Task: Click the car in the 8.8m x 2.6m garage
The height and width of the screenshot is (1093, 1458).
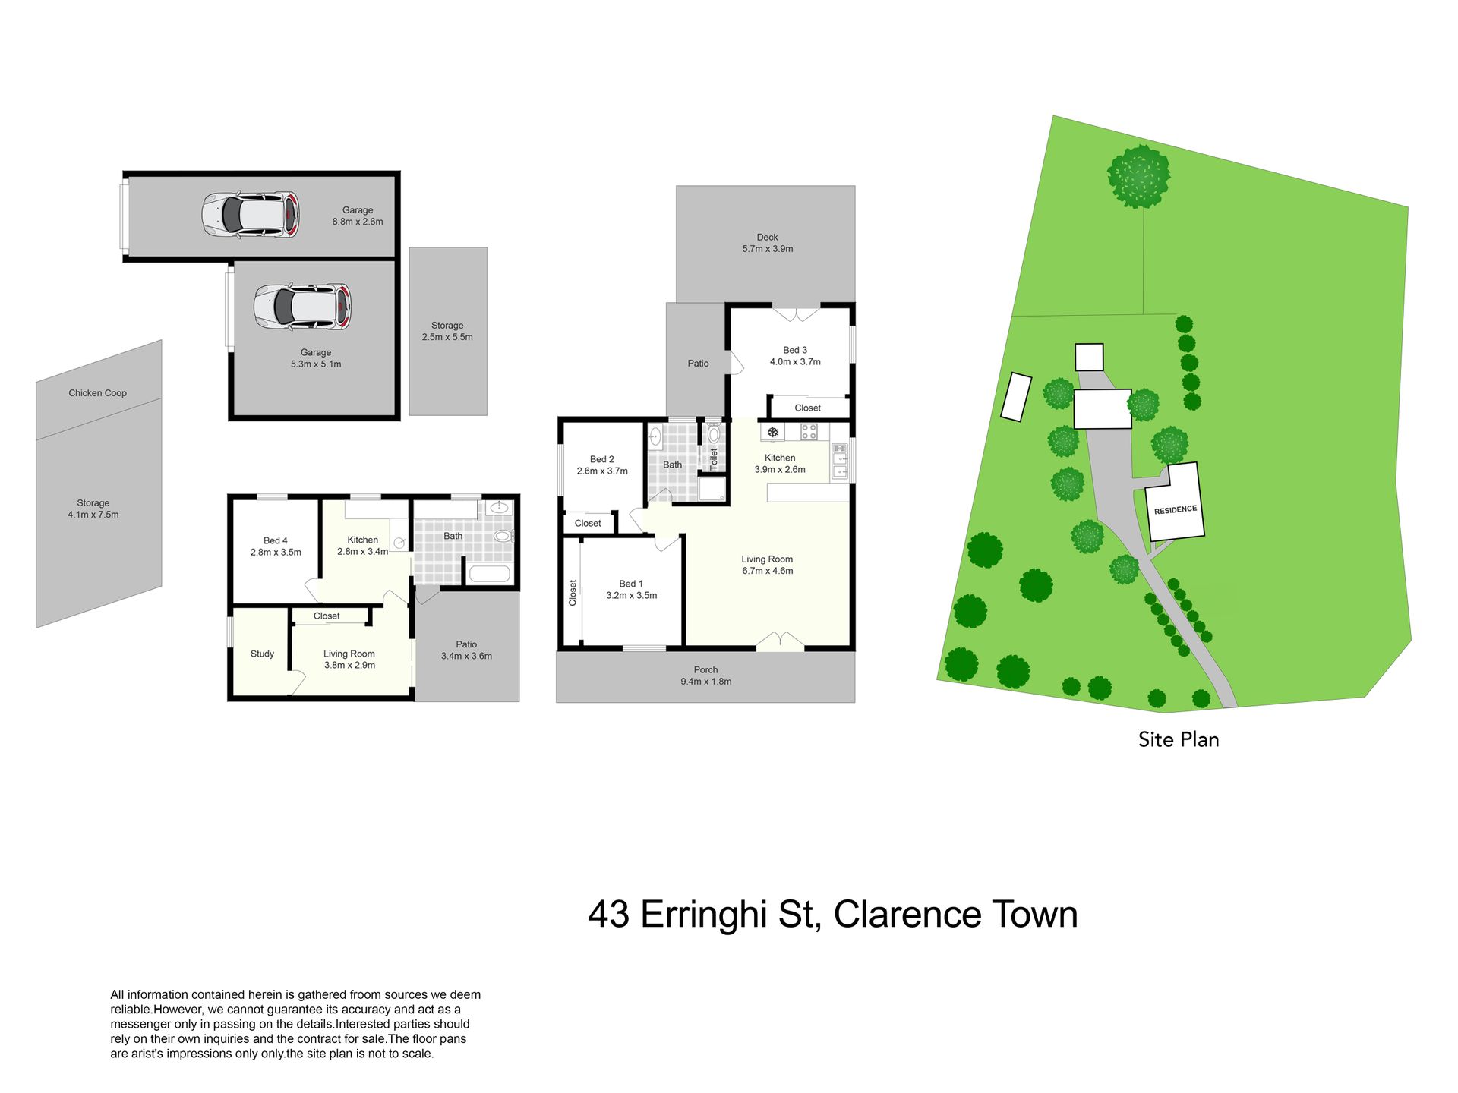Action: pos(251,216)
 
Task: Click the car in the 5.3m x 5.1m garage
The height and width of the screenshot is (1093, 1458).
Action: pos(302,307)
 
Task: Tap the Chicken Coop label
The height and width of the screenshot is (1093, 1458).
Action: pos(98,393)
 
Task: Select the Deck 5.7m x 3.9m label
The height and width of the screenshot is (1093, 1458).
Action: pos(767,243)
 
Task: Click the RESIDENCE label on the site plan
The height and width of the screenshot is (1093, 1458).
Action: pos(1176,510)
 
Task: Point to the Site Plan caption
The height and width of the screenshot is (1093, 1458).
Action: pos(1179,739)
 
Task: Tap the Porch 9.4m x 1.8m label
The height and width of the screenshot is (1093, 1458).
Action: pos(705,676)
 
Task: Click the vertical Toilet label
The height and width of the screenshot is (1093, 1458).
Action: pos(714,459)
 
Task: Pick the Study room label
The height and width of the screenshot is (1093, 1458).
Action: pos(262,654)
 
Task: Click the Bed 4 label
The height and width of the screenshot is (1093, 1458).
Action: pos(276,540)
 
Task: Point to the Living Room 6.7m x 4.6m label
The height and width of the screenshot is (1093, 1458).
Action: pos(767,565)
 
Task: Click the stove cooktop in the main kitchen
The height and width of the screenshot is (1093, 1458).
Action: pos(809,432)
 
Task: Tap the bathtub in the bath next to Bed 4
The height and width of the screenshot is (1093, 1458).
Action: pos(489,573)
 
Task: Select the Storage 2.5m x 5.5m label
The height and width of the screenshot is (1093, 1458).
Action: pos(447,331)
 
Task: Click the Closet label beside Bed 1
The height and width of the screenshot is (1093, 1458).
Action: pos(573,593)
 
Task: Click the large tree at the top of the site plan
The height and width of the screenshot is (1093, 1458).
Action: pos(1139,176)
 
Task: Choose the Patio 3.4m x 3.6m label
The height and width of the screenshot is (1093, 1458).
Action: pos(466,650)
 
